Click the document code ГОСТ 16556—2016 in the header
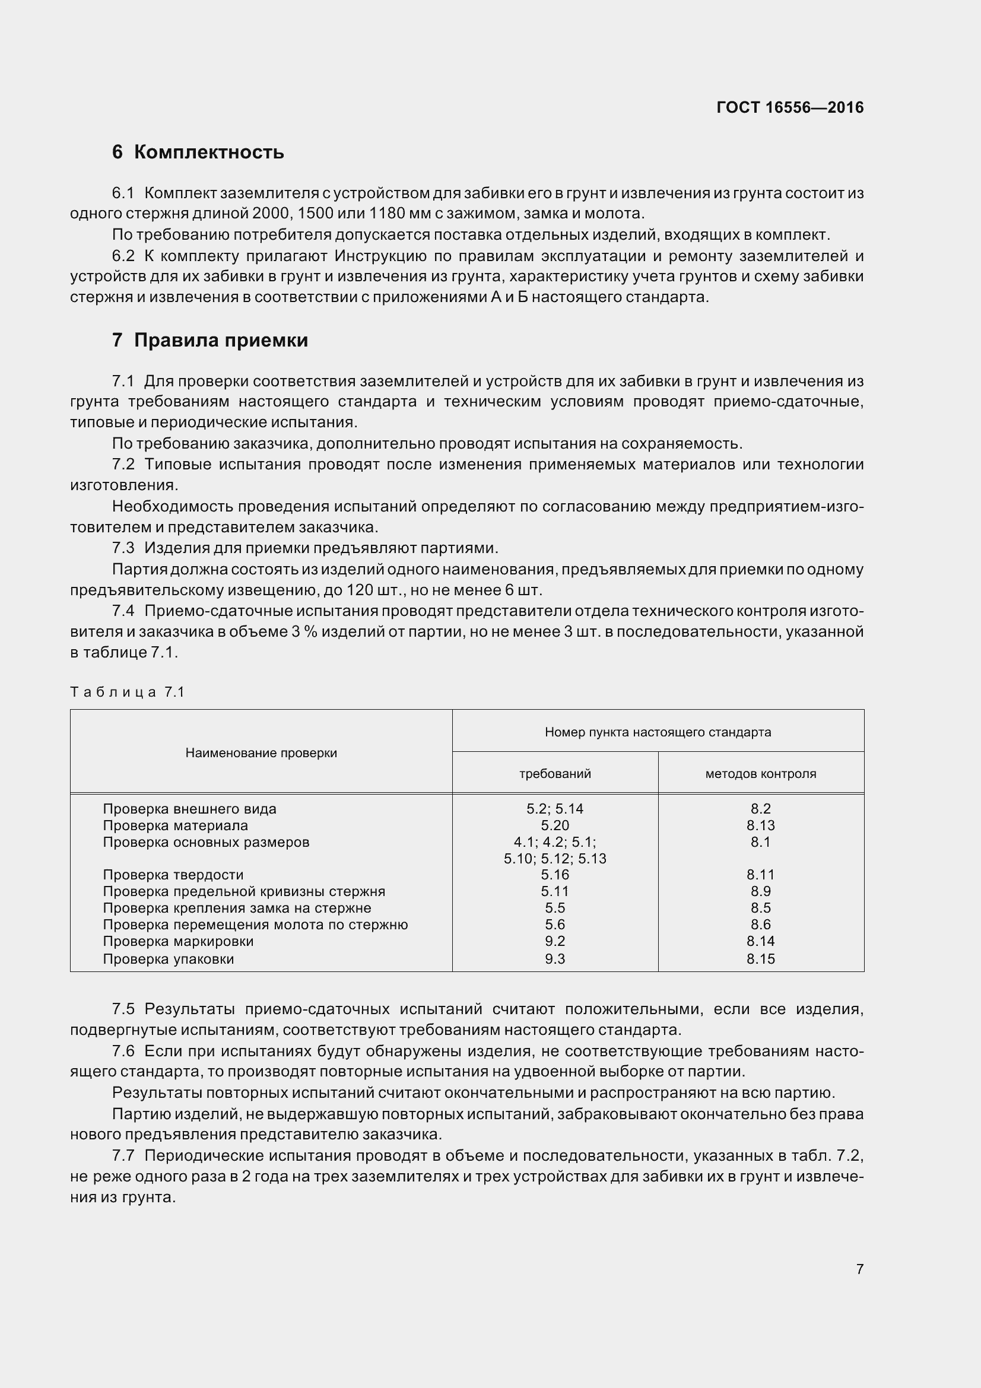789,107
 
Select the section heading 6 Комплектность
198,152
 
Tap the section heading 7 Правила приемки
209,341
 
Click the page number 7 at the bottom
859,1269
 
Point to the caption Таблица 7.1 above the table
127,692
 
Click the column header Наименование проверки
261,752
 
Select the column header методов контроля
760,774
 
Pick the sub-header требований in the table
555,774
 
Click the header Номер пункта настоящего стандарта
658,732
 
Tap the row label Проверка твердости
173,875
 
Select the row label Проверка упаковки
168,959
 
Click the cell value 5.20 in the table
555,826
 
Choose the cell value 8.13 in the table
760,826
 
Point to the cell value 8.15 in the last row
760,959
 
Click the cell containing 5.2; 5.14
555,809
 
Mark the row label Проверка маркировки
177,941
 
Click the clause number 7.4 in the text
123,611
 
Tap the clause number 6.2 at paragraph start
123,256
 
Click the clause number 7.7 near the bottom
123,1156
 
